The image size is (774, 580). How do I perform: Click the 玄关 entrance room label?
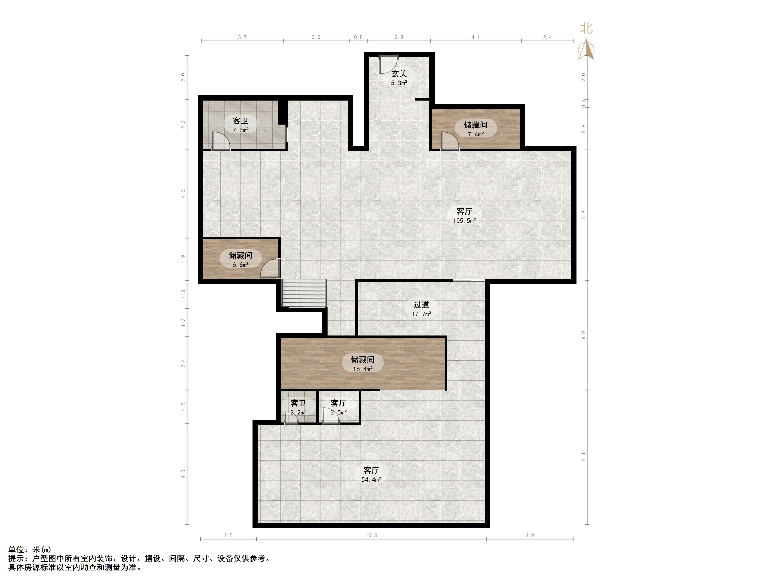399,74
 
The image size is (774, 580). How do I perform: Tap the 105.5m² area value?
464,221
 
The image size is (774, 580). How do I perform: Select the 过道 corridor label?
421,305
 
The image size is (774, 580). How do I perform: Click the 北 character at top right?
587,28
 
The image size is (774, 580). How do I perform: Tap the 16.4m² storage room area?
363,369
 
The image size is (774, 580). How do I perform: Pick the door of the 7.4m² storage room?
450,141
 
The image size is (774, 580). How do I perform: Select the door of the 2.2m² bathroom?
291,418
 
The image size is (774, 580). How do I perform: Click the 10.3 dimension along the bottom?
371,535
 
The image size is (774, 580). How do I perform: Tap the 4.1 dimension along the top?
476,37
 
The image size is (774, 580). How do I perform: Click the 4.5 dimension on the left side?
183,474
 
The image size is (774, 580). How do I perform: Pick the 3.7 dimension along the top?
242,37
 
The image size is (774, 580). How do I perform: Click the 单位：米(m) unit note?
30,550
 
